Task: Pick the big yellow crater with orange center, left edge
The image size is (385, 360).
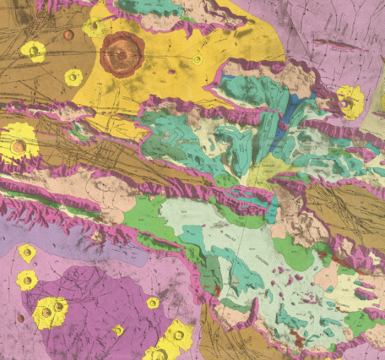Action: click(x=18, y=146)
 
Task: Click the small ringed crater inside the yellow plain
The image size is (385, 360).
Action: click(x=197, y=60)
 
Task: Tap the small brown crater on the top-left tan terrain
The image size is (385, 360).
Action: click(x=68, y=35)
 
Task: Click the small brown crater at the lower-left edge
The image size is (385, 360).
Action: click(x=21, y=319)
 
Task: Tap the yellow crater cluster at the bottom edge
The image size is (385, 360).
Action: click(x=169, y=342)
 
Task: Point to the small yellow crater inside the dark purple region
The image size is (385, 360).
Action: click(x=152, y=303)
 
